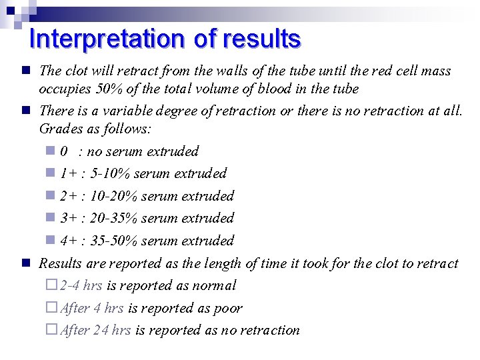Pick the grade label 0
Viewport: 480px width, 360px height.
pyautogui.click(x=63, y=151)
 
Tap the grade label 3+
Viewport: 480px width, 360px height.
pyautogui.click(x=67, y=218)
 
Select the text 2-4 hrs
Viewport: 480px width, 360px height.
pyautogui.click(x=81, y=286)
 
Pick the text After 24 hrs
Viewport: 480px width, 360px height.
pyautogui.click(x=95, y=330)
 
